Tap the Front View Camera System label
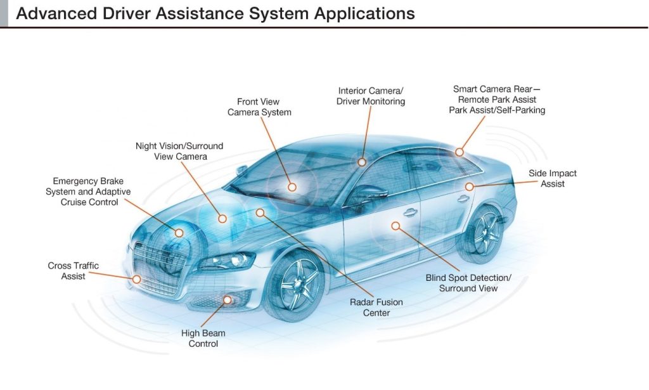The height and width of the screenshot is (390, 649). [x=258, y=107]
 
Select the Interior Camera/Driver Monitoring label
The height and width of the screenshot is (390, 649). [x=370, y=96]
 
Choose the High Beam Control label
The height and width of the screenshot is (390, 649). [x=203, y=338]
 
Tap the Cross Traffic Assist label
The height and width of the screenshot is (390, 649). [x=73, y=271]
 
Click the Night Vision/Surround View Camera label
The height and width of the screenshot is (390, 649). [x=179, y=151]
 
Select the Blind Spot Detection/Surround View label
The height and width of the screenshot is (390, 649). [x=468, y=283]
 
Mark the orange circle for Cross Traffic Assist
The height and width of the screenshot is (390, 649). [x=136, y=279]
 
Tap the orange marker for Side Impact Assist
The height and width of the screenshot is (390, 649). [x=469, y=186]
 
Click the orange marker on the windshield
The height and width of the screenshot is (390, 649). [x=292, y=187]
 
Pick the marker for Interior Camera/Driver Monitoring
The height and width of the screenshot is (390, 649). [x=362, y=162]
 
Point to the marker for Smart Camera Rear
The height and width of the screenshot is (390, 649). [x=459, y=152]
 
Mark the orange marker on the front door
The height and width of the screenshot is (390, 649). [x=395, y=225]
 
